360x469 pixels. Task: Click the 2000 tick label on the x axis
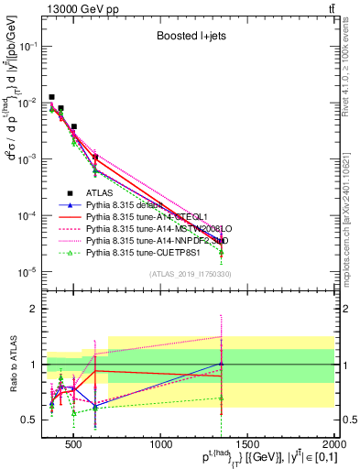[x=335, y=447]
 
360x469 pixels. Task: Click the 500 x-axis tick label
[x=75, y=447]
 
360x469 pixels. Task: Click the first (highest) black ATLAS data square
[x=52, y=97]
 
